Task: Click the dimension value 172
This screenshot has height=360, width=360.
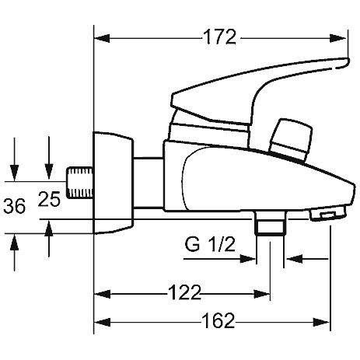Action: (219, 37)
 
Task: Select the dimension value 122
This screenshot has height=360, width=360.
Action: (184, 292)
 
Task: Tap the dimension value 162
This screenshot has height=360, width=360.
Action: (218, 320)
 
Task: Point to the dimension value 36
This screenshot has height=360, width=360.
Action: (15, 206)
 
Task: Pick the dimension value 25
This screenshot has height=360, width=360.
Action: (49, 199)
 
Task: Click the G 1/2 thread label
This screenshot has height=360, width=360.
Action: (210, 244)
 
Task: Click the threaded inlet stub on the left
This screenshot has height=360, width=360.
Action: (79, 183)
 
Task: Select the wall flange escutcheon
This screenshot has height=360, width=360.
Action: (113, 183)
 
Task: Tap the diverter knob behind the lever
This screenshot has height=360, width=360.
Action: (291, 139)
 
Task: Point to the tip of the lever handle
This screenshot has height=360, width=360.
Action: (348, 62)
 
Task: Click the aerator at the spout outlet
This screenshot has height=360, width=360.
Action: (327, 215)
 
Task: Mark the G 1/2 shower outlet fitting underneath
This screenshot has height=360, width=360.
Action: (271, 223)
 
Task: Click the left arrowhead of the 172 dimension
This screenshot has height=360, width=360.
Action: (102, 38)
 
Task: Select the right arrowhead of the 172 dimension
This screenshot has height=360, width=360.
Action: (338, 38)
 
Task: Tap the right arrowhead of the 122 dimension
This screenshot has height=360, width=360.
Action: (262, 294)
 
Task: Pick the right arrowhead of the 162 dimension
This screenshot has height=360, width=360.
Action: (322, 322)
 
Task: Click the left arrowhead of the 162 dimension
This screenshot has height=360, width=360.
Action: (102, 322)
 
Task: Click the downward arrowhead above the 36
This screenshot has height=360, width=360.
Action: (15, 173)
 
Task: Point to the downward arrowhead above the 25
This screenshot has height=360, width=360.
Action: (49, 172)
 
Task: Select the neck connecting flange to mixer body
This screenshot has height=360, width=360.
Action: (149, 183)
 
